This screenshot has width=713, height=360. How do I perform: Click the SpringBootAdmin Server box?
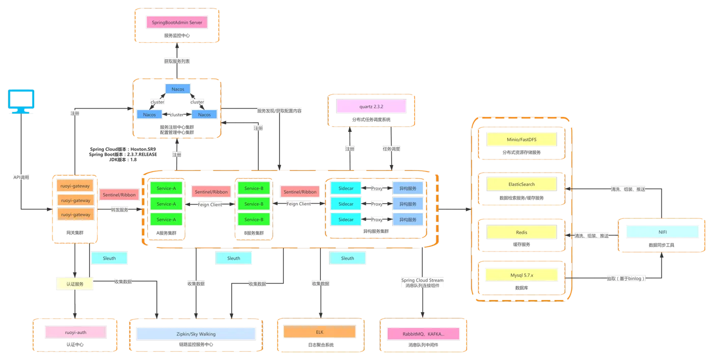point(177,22)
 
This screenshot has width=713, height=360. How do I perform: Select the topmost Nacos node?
point(178,89)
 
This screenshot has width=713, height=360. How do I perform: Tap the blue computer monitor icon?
point(21,101)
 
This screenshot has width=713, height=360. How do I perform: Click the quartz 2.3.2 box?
point(371,106)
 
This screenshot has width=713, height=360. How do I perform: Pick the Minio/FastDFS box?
point(522,140)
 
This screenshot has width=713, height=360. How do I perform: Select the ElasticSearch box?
point(522,184)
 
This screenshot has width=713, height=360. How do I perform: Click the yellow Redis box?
point(522,232)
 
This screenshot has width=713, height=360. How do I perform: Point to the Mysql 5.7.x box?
point(522,275)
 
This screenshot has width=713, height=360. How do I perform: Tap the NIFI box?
point(663,232)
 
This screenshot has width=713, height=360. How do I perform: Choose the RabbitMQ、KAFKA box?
point(423,334)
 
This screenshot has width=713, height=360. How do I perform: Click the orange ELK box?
point(319,331)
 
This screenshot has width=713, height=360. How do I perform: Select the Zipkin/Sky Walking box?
point(196,334)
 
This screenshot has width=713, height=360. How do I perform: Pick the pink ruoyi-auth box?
point(75,332)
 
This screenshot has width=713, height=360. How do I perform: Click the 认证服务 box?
point(75,284)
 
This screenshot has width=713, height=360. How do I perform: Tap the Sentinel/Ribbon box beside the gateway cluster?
point(119,195)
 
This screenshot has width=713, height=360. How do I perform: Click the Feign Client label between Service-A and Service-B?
point(210,204)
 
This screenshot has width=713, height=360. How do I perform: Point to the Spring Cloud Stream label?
point(422,280)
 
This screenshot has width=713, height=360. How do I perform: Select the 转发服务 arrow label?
point(119,210)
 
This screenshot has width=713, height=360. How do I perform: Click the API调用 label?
point(21,177)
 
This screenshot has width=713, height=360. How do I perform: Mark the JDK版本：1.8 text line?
point(123,160)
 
